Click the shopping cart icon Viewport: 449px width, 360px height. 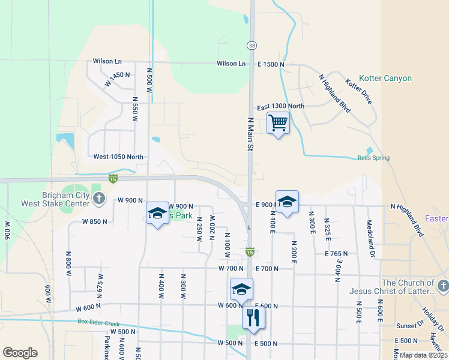click(x=278, y=123)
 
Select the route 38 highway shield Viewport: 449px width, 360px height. click(x=251, y=46)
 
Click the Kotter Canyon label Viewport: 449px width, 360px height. click(x=385, y=79)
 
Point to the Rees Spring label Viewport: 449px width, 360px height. click(x=373, y=158)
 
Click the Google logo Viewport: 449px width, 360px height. click(x=20, y=353)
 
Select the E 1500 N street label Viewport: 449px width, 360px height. click(x=271, y=64)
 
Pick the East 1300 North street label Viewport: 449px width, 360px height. click(x=280, y=106)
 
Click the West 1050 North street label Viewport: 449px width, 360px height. click(x=118, y=157)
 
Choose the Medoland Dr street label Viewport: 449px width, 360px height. click(x=372, y=231)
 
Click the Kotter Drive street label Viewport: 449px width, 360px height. click(x=359, y=91)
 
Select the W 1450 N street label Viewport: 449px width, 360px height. click(x=117, y=79)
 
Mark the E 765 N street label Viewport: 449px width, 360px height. click(x=336, y=254)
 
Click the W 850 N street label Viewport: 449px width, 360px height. click(x=95, y=221)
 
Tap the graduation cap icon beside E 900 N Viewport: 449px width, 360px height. click(x=287, y=201)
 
